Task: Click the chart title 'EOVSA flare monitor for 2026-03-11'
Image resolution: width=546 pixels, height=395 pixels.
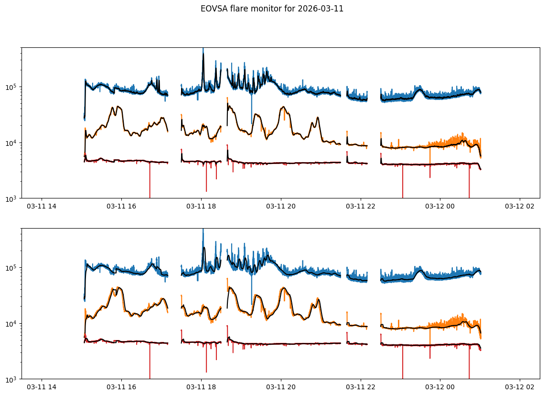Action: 272,9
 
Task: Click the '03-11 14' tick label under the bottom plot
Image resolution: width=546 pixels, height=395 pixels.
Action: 42,387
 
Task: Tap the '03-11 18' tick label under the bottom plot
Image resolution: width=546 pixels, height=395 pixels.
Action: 201,387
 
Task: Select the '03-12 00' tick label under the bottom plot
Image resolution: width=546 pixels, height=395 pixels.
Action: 440,387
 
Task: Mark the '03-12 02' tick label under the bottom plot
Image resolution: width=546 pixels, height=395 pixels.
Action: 520,387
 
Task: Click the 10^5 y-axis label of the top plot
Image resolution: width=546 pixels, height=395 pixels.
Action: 11,87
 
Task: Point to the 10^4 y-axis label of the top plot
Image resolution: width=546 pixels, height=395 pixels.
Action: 11,143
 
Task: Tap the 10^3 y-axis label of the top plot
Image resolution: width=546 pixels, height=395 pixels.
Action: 11,198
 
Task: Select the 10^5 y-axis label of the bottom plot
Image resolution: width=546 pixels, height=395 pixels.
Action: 11,268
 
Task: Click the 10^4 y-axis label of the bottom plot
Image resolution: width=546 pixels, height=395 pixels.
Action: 11,324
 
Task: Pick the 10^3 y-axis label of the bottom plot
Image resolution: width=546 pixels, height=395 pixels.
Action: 11,379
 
